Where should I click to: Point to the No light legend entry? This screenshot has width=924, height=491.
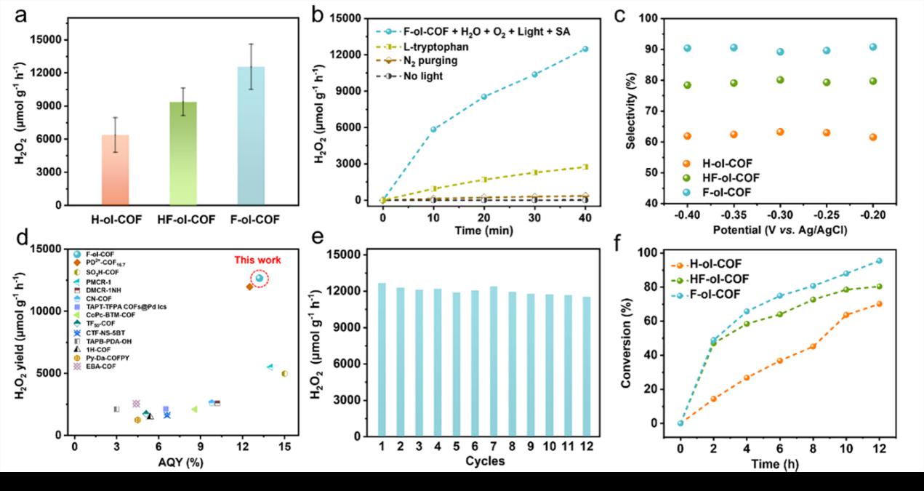pyautogui.click(x=433, y=76)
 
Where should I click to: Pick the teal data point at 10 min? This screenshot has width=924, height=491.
pyautogui.click(x=433, y=129)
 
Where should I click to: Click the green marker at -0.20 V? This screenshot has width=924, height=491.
pyautogui.click(x=872, y=81)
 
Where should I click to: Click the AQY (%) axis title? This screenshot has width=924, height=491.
pyautogui.click(x=180, y=460)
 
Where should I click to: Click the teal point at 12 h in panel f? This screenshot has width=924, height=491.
pyautogui.click(x=878, y=260)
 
